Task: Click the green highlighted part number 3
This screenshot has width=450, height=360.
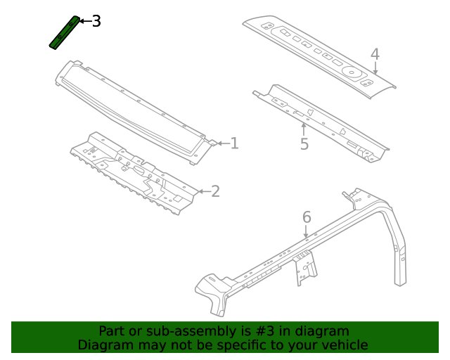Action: point(63,32)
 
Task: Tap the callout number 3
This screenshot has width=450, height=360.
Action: point(96,21)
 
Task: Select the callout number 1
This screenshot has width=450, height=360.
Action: point(234,143)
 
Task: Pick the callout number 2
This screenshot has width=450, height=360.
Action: point(215,191)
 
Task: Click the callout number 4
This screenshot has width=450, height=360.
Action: point(375,54)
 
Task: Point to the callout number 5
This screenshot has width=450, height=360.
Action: point(304,144)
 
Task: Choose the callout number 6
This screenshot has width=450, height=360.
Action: point(307,217)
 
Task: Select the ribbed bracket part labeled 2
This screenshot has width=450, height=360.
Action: point(134,172)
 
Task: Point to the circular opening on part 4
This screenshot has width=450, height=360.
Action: point(350,70)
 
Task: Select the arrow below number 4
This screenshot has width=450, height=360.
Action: point(375,68)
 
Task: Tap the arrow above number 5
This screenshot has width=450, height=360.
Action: point(304,129)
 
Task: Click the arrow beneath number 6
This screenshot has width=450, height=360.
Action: point(307,232)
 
